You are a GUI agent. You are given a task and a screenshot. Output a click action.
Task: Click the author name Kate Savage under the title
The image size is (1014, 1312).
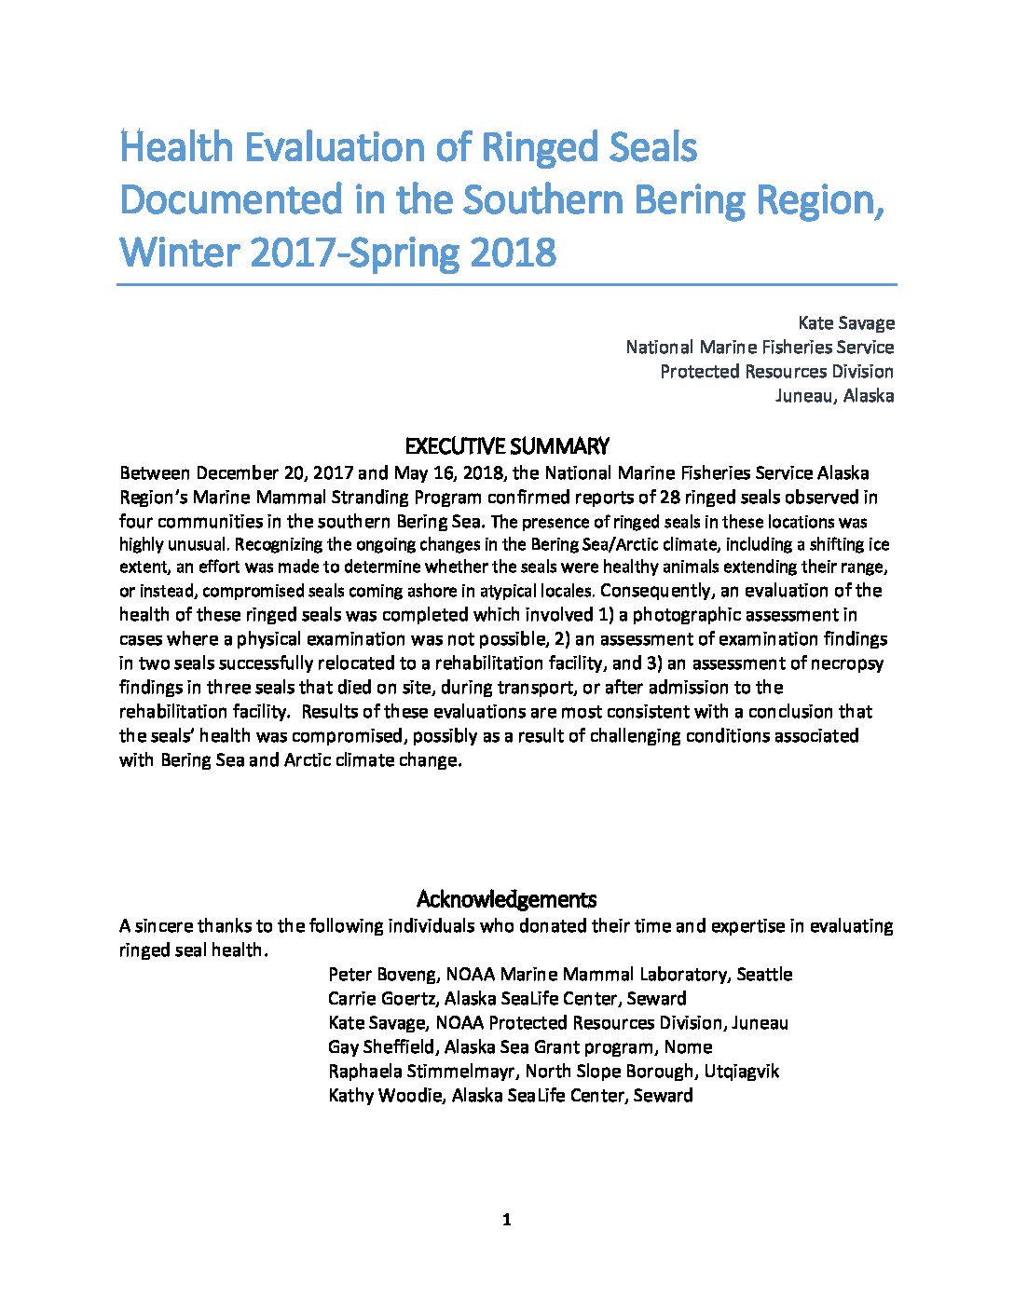click(x=845, y=322)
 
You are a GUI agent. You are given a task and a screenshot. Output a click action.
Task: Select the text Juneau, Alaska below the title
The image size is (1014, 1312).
click(x=834, y=395)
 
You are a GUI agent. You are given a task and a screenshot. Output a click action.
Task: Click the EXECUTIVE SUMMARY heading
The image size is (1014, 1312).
click(x=507, y=445)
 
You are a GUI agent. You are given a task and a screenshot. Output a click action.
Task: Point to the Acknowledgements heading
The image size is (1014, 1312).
click(x=506, y=899)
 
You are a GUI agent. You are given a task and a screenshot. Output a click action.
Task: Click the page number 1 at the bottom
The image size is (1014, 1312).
click(x=506, y=1220)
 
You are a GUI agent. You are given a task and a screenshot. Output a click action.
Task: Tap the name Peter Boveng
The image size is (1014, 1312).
click(x=382, y=974)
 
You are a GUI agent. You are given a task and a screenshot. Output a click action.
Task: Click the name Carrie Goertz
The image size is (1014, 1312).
click(x=382, y=998)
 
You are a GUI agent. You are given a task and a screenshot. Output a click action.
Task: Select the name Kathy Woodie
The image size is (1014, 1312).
click(x=385, y=1095)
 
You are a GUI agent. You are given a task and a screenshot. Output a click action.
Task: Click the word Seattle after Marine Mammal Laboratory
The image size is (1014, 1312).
click(x=764, y=974)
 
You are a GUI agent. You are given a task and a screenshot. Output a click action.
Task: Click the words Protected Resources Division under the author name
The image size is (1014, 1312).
click(x=776, y=371)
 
